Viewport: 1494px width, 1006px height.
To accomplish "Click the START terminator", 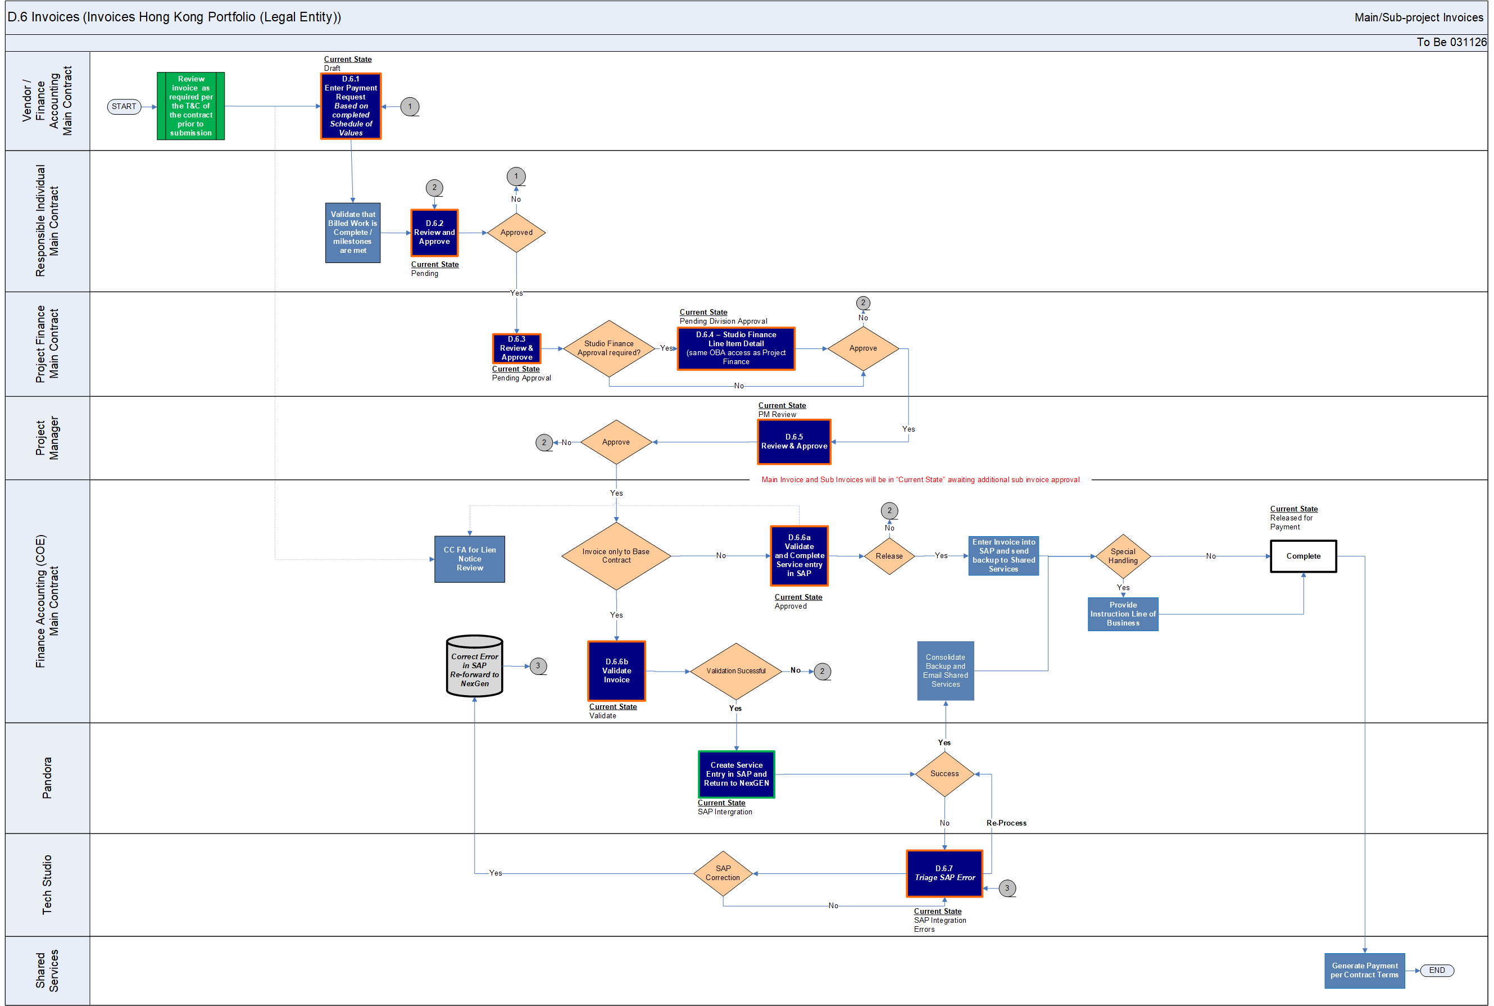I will pos(124,107).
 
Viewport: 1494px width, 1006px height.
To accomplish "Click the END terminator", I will pos(1437,970).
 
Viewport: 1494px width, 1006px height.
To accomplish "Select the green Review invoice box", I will pos(190,106).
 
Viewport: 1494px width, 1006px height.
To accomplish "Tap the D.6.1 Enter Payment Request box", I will pos(351,106).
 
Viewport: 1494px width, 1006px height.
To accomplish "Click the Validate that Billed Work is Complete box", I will pos(353,232).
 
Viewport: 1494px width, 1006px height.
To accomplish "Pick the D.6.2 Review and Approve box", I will pos(434,232).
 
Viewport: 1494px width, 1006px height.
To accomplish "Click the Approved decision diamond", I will pos(516,232).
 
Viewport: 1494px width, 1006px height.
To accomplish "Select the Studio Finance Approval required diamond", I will pos(609,348).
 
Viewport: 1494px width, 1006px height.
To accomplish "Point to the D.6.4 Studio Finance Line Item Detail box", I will pos(736,348).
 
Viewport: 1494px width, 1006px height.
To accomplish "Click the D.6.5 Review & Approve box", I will pos(793,441).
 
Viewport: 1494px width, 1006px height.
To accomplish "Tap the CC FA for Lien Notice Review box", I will pos(470,559).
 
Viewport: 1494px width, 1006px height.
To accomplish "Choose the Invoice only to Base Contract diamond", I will pos(616,556).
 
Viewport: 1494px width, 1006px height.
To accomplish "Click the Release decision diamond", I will pos(889,556).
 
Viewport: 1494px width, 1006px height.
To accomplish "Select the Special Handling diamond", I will pos(1123,556).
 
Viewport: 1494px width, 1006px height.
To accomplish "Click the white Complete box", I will pos(1303,556).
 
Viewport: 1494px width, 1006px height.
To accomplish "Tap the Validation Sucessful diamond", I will pos(736,671).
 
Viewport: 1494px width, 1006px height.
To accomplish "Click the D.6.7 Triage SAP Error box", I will pos(944,873).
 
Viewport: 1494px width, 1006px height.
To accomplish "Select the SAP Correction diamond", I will pos(723,873).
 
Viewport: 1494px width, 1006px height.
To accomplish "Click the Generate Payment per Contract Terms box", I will pos(1364,970).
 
